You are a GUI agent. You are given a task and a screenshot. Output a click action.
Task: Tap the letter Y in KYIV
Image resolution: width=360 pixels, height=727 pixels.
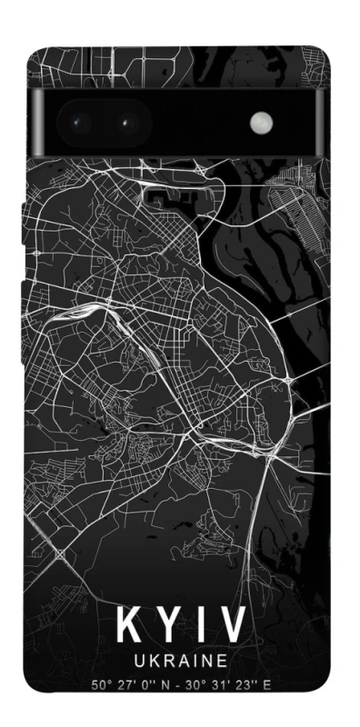(164, 625)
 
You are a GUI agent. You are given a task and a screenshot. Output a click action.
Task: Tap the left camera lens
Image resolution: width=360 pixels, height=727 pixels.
(76, 122)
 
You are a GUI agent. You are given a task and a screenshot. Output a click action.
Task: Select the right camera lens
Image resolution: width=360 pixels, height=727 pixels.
(125, 122)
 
